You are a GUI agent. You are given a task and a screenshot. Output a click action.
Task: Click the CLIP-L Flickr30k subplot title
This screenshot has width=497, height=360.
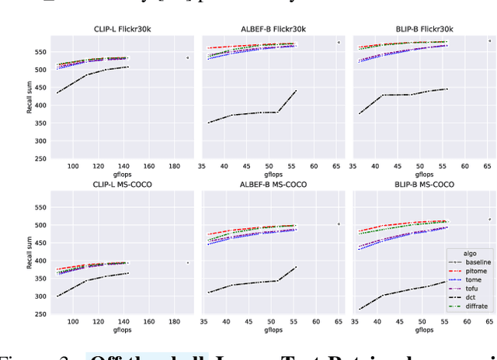tap(123, 29)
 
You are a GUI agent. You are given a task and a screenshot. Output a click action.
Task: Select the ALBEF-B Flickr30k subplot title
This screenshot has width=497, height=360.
tap(273, 29)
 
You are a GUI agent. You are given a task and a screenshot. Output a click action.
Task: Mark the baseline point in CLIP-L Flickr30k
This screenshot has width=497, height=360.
tap(187, 57)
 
